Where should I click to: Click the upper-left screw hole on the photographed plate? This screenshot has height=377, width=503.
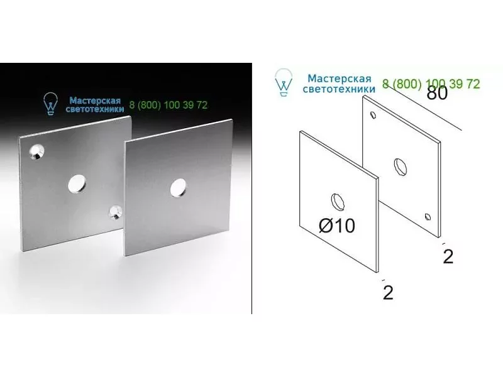coord(36,152)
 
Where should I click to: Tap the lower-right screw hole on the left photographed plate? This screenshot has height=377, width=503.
coord(115,212)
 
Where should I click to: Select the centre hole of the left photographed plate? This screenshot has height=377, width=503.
coord(77,184)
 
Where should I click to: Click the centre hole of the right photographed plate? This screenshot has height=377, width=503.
coord(178,187)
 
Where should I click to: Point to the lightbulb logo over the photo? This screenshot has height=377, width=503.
coord(50,104)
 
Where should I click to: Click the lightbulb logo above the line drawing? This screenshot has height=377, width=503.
coord(284,82)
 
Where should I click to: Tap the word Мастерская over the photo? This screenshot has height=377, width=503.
coord(95,101)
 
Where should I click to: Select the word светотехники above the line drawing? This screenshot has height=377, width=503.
coord(339,89)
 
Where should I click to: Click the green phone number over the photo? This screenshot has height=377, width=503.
coord(169,105)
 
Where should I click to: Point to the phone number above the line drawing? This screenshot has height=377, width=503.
coord(431,84)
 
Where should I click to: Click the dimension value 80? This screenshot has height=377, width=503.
coord(437,93)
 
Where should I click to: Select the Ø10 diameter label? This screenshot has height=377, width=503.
coord(337,226)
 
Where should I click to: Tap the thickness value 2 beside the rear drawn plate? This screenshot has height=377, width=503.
coord(448,256)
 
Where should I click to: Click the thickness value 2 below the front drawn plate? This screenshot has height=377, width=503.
coord(388,292)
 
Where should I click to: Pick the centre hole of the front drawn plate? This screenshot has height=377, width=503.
coord(338,202)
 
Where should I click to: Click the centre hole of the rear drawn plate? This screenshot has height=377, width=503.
coord(401,167)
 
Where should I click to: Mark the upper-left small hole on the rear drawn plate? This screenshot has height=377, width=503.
coord(373,115)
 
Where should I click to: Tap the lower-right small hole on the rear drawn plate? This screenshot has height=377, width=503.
coord(428,217)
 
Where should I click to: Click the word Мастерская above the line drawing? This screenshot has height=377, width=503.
coord(340,79)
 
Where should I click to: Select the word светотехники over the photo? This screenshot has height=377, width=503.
coord(95,109)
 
